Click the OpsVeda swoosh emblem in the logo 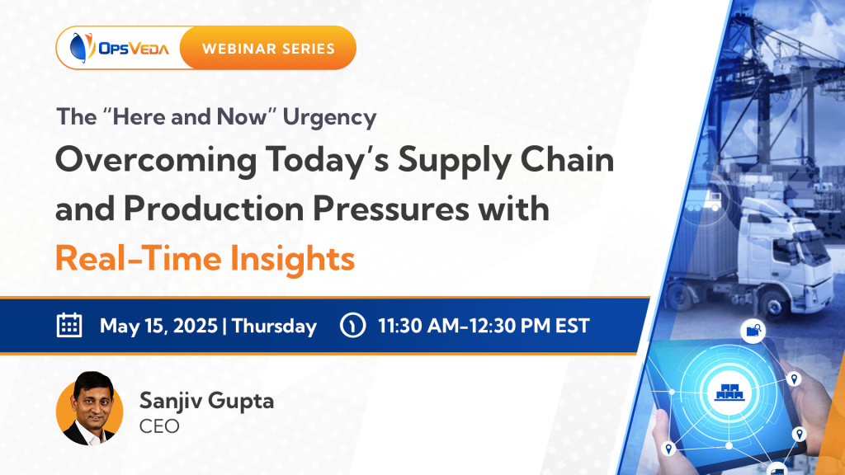coord(82,47)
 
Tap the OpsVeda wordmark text coord(134,49)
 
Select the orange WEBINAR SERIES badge coord(268,48)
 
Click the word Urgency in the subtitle coord(330,118)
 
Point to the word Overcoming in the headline coord(156,162)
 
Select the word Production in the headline coord(214,209)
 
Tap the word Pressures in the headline coord(391,209)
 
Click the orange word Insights coord(293,259)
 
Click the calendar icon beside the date coord(69,325)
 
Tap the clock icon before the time coord(353,325)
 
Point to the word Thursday coord(274,327)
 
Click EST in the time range coord(573,326)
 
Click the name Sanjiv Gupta coord(207,401)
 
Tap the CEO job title coord(159,426)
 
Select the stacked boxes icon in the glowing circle coord(729,392)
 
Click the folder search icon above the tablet coord(753,331)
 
